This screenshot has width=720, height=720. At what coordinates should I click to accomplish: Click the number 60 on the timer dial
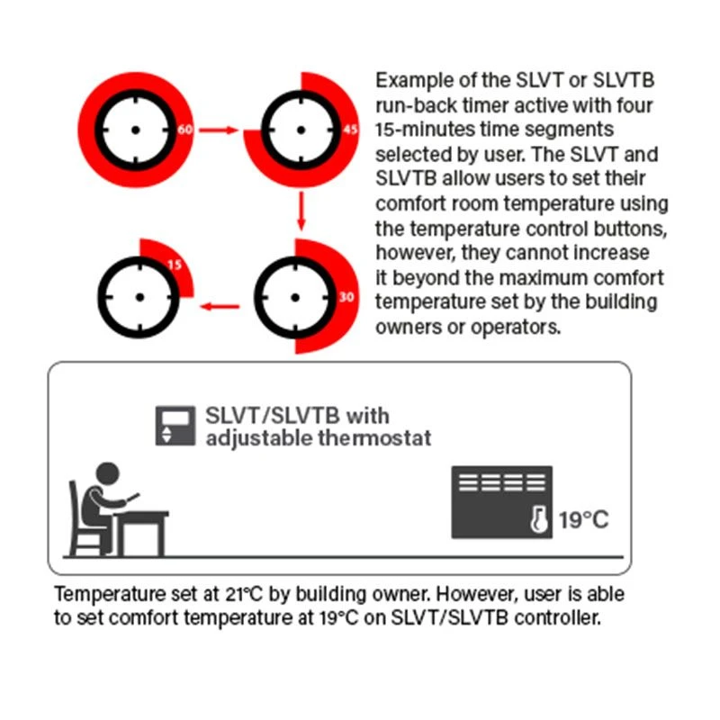184,130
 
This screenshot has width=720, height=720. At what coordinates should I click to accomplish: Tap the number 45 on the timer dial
350,130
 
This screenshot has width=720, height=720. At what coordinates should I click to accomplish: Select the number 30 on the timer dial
346,297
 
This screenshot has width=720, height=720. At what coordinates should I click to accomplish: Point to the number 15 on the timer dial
175,265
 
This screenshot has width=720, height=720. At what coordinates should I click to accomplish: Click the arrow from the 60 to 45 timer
219,130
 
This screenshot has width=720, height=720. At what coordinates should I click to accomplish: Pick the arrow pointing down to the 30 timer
301,211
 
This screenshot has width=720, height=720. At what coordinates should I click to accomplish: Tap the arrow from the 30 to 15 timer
220,306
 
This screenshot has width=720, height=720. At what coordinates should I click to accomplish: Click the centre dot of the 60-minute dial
136,130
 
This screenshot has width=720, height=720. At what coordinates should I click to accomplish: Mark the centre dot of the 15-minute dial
140,298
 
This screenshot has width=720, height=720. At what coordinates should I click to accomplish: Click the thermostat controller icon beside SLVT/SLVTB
175,426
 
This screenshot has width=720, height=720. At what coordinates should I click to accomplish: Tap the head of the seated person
107,474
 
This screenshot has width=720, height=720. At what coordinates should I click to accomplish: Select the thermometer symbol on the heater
538,519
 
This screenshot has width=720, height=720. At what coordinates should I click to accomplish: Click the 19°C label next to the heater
583,520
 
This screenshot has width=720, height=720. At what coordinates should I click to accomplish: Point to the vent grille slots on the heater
502,482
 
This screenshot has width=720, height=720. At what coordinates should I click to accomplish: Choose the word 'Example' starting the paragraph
414,81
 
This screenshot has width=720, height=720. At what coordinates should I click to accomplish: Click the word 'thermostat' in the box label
374,437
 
